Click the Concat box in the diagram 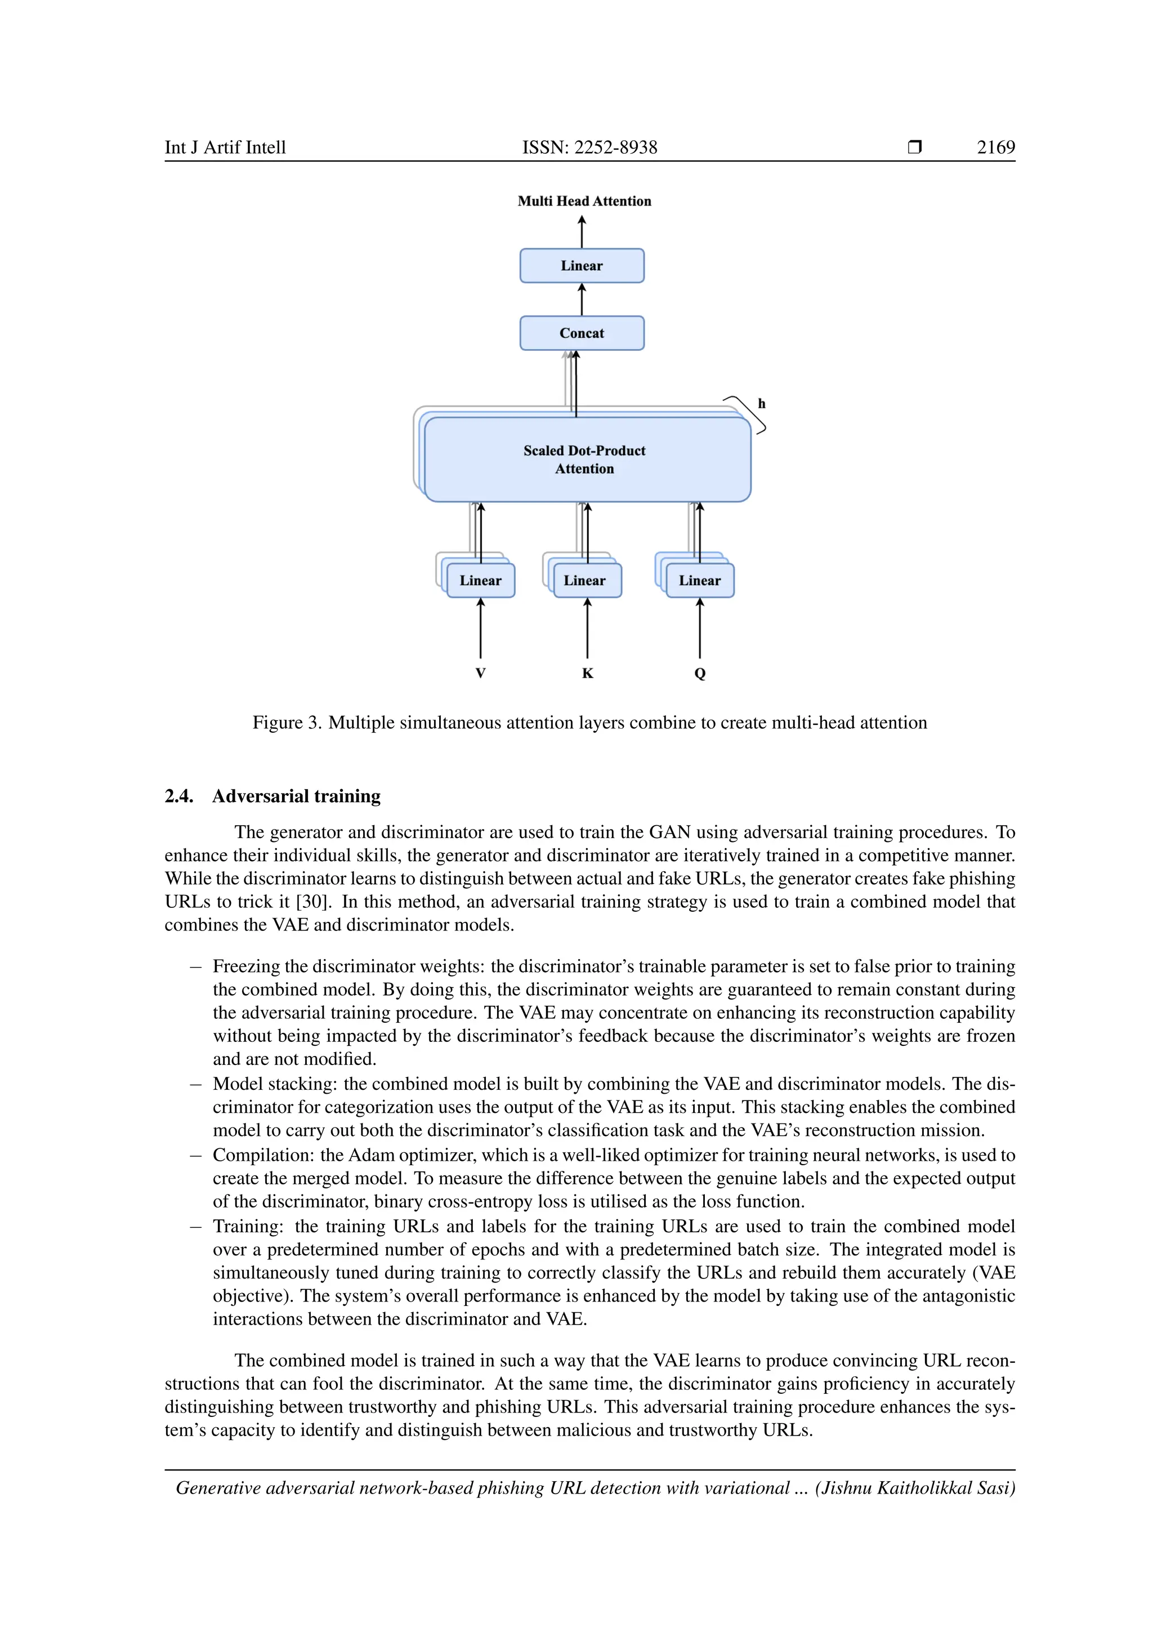point(582,333)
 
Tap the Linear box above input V point(481,581)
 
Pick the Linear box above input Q point(700,581)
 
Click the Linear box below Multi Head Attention point(582,266)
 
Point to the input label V point(481,674)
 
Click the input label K point(587,674)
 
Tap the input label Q point(700,674)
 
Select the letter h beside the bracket point(762,403)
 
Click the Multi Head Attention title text point(584,201)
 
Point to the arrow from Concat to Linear point(582,299)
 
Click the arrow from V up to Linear point(481,629)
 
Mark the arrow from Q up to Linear point(700,629)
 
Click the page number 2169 point(995,147)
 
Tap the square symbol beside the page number point(914,147)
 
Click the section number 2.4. point(179,796)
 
